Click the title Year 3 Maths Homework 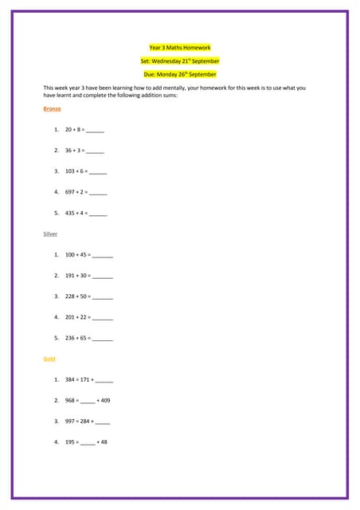[180, 48]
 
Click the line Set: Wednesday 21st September [180, 61]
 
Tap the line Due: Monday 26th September [180, 74]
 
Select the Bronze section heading [52, 108]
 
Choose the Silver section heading [50, 233]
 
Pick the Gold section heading [49, 359]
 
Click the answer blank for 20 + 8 [95, 130]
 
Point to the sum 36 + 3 [75, 150]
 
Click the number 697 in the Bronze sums [70, 192]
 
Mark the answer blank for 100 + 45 [103, 255]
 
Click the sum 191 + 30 [78, 276]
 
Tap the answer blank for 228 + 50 [103, 296]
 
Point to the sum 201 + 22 [78, 317]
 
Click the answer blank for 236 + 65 [103, 338]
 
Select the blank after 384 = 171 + [104, 380]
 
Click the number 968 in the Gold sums [70, 400]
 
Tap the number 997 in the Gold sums [70, 421]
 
